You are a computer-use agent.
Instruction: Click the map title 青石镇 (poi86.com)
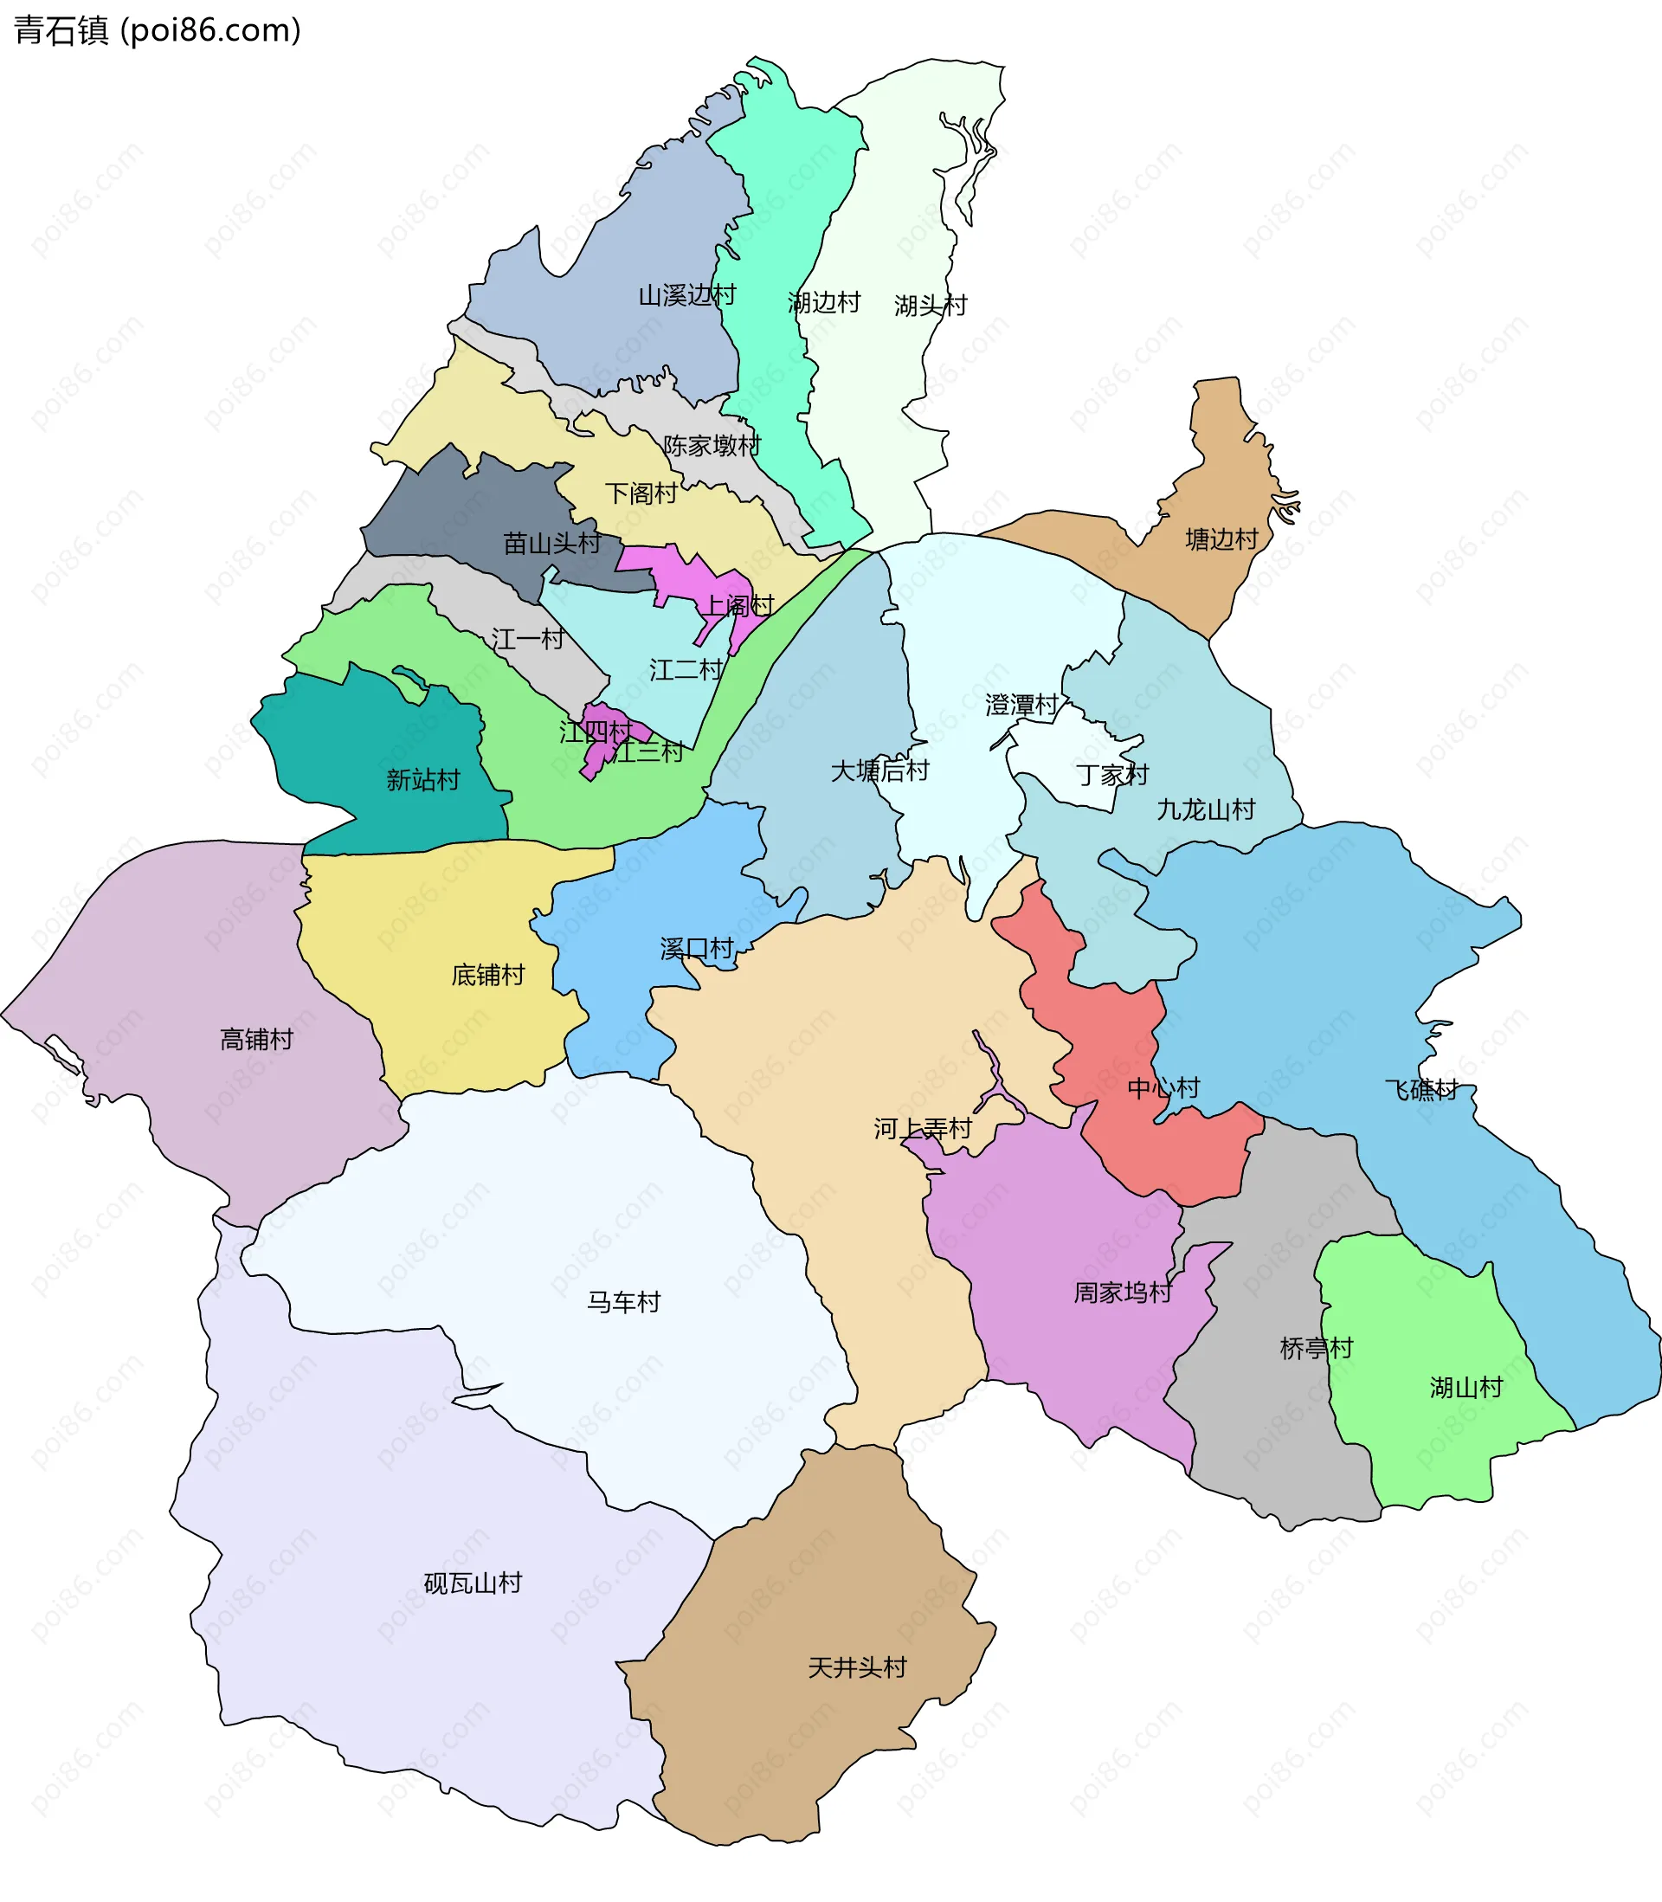click(158, 30)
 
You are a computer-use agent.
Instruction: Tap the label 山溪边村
click(686, 295)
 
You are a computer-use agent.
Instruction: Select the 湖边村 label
click(823, 302)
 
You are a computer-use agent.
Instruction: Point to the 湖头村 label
click(931, 305)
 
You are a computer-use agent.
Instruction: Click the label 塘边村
click(1221, 538)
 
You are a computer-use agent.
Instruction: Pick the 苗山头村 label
click(552, 543)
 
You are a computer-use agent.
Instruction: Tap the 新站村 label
click(423, 779)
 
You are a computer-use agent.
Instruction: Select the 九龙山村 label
click(1205, 809)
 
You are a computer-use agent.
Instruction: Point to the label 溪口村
click(697, 949)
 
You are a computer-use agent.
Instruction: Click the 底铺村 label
click(488, 975)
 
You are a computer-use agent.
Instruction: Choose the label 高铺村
click(256, 1040)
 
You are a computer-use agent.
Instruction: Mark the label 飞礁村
click(1420, 1090)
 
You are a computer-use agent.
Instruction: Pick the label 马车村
click(623, 1302)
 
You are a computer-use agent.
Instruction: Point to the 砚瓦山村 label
click(472, 1583)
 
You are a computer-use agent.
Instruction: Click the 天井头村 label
click(857, 1667)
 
